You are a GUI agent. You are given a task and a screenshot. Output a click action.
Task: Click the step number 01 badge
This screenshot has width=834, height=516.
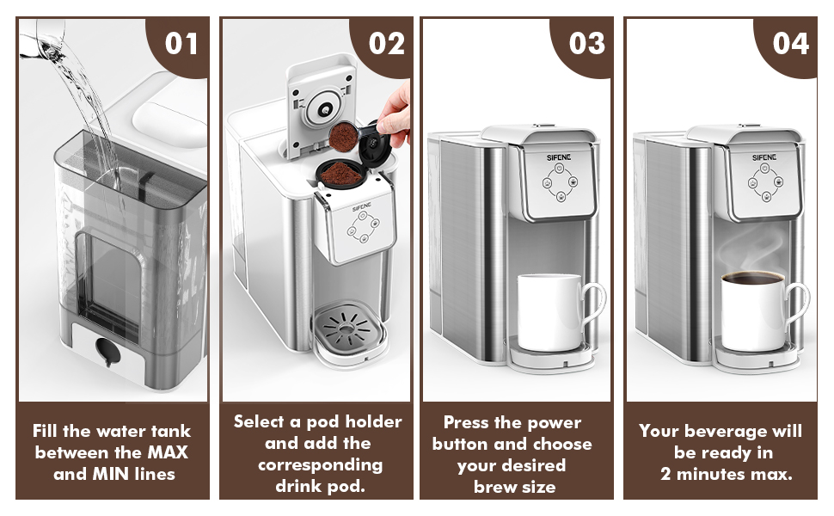(x=181, y=42)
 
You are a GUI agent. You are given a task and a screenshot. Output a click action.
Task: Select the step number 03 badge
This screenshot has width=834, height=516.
(x=586, y=42)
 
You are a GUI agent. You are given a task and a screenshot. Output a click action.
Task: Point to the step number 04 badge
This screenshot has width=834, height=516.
(x=790, y=42)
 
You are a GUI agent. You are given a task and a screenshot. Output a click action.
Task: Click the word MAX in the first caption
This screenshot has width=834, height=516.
(x=169, y=452)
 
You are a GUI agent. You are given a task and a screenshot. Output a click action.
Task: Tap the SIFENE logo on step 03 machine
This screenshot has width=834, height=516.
(x=558, y=157)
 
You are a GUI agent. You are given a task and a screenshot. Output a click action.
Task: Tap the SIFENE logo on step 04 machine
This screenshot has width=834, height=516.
(x=763, y=157)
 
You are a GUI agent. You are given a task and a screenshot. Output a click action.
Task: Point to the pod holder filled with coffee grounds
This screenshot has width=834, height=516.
(x=340, y=171)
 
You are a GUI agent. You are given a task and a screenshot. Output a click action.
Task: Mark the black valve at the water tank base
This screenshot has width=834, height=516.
(x=107, y=350)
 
